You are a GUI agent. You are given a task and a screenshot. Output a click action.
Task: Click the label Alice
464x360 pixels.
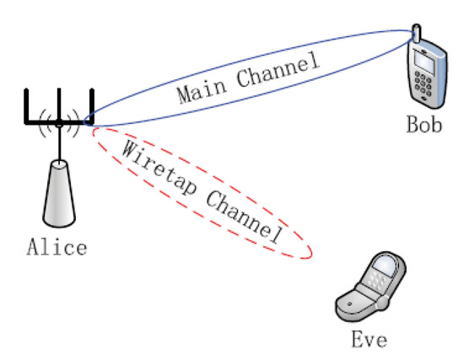click(57, 248)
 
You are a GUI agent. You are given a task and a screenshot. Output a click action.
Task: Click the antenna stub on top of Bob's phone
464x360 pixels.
click(415, 33)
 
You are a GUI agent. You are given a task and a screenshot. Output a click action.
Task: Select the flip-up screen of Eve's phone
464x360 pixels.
click(384, 275)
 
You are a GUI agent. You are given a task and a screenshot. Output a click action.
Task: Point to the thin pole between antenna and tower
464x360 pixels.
click(58, 146)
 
